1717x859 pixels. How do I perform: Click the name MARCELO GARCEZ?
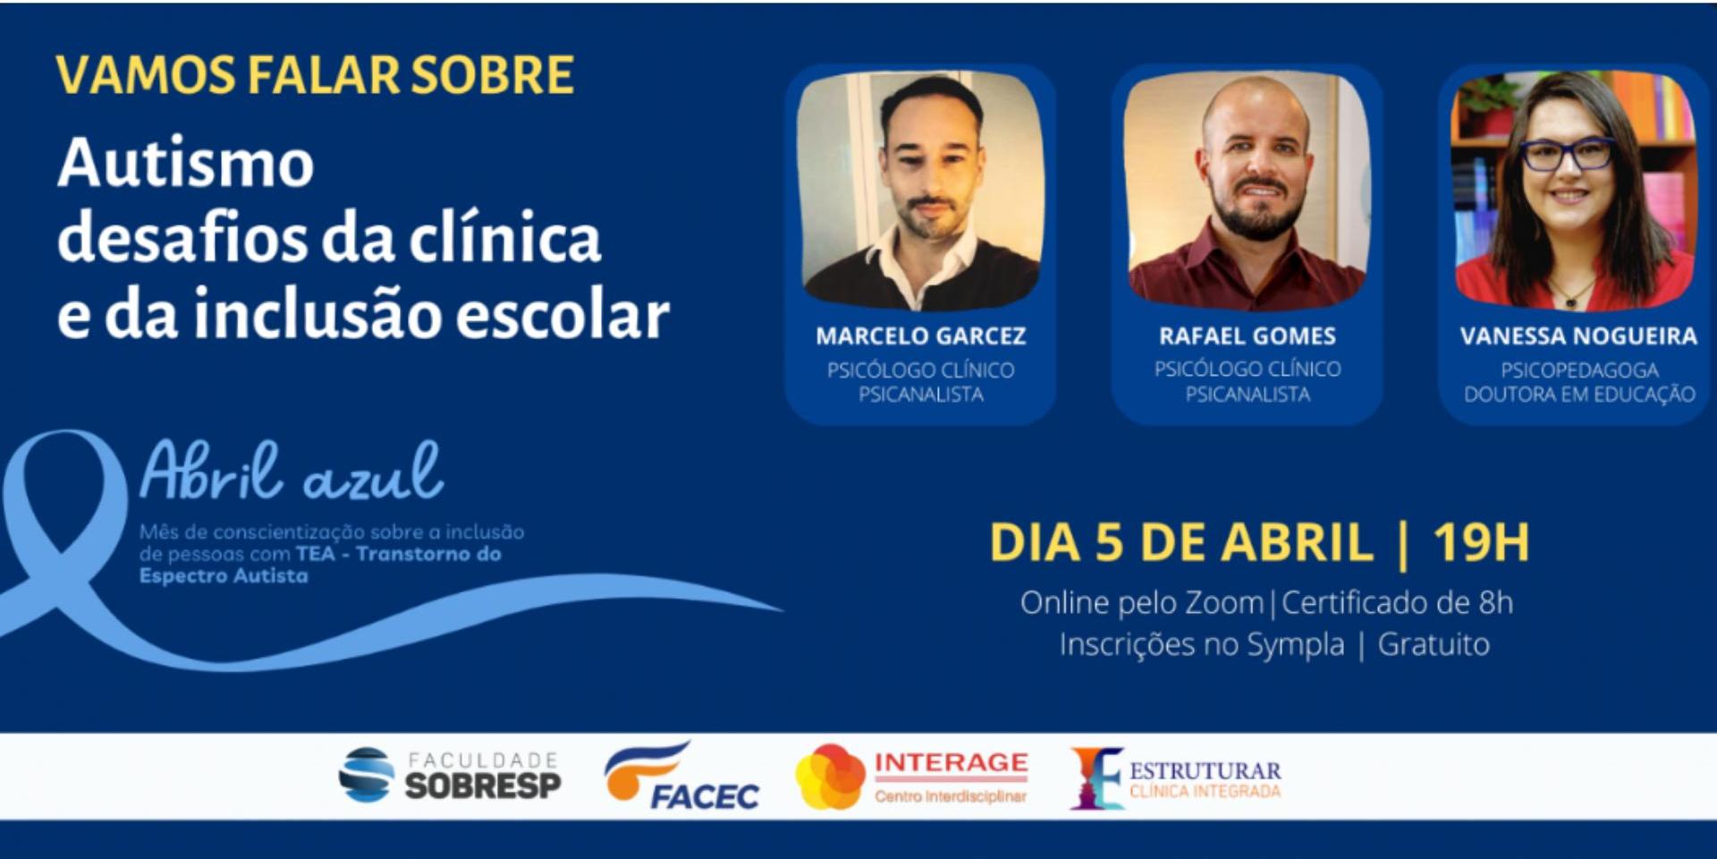tap(920, 336)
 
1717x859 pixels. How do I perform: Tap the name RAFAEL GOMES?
tap(1248, 336)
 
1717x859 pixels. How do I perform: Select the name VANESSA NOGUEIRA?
tap(1578, 336)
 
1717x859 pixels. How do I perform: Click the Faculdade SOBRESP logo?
tap(450, 775)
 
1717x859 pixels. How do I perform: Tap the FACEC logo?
tap(682, 776)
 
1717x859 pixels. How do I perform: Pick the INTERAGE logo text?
tap(951, 762)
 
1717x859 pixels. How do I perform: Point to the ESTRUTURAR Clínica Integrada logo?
tap(1176, 778)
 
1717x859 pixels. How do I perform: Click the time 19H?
tap(1481, 542)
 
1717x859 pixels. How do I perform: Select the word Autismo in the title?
tap(186, 163)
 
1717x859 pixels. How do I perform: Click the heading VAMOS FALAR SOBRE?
tap(315, 75)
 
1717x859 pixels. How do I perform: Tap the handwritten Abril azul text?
tap(292, 471)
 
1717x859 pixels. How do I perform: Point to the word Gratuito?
tap(1434, 644)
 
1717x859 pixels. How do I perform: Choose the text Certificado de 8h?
tap(1398, 602)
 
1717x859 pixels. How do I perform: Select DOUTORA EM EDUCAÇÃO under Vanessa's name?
tap(1579, 395)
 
